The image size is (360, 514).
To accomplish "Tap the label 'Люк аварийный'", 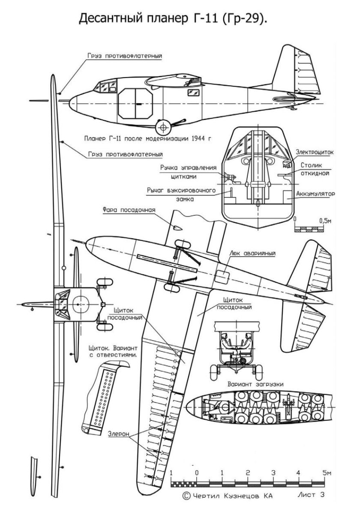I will [253, 253].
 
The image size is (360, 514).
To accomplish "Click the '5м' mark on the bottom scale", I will [327, 473].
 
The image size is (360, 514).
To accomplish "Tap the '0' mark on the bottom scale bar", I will [197, 473].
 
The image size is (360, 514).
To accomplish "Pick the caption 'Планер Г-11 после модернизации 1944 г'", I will [148, 139].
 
